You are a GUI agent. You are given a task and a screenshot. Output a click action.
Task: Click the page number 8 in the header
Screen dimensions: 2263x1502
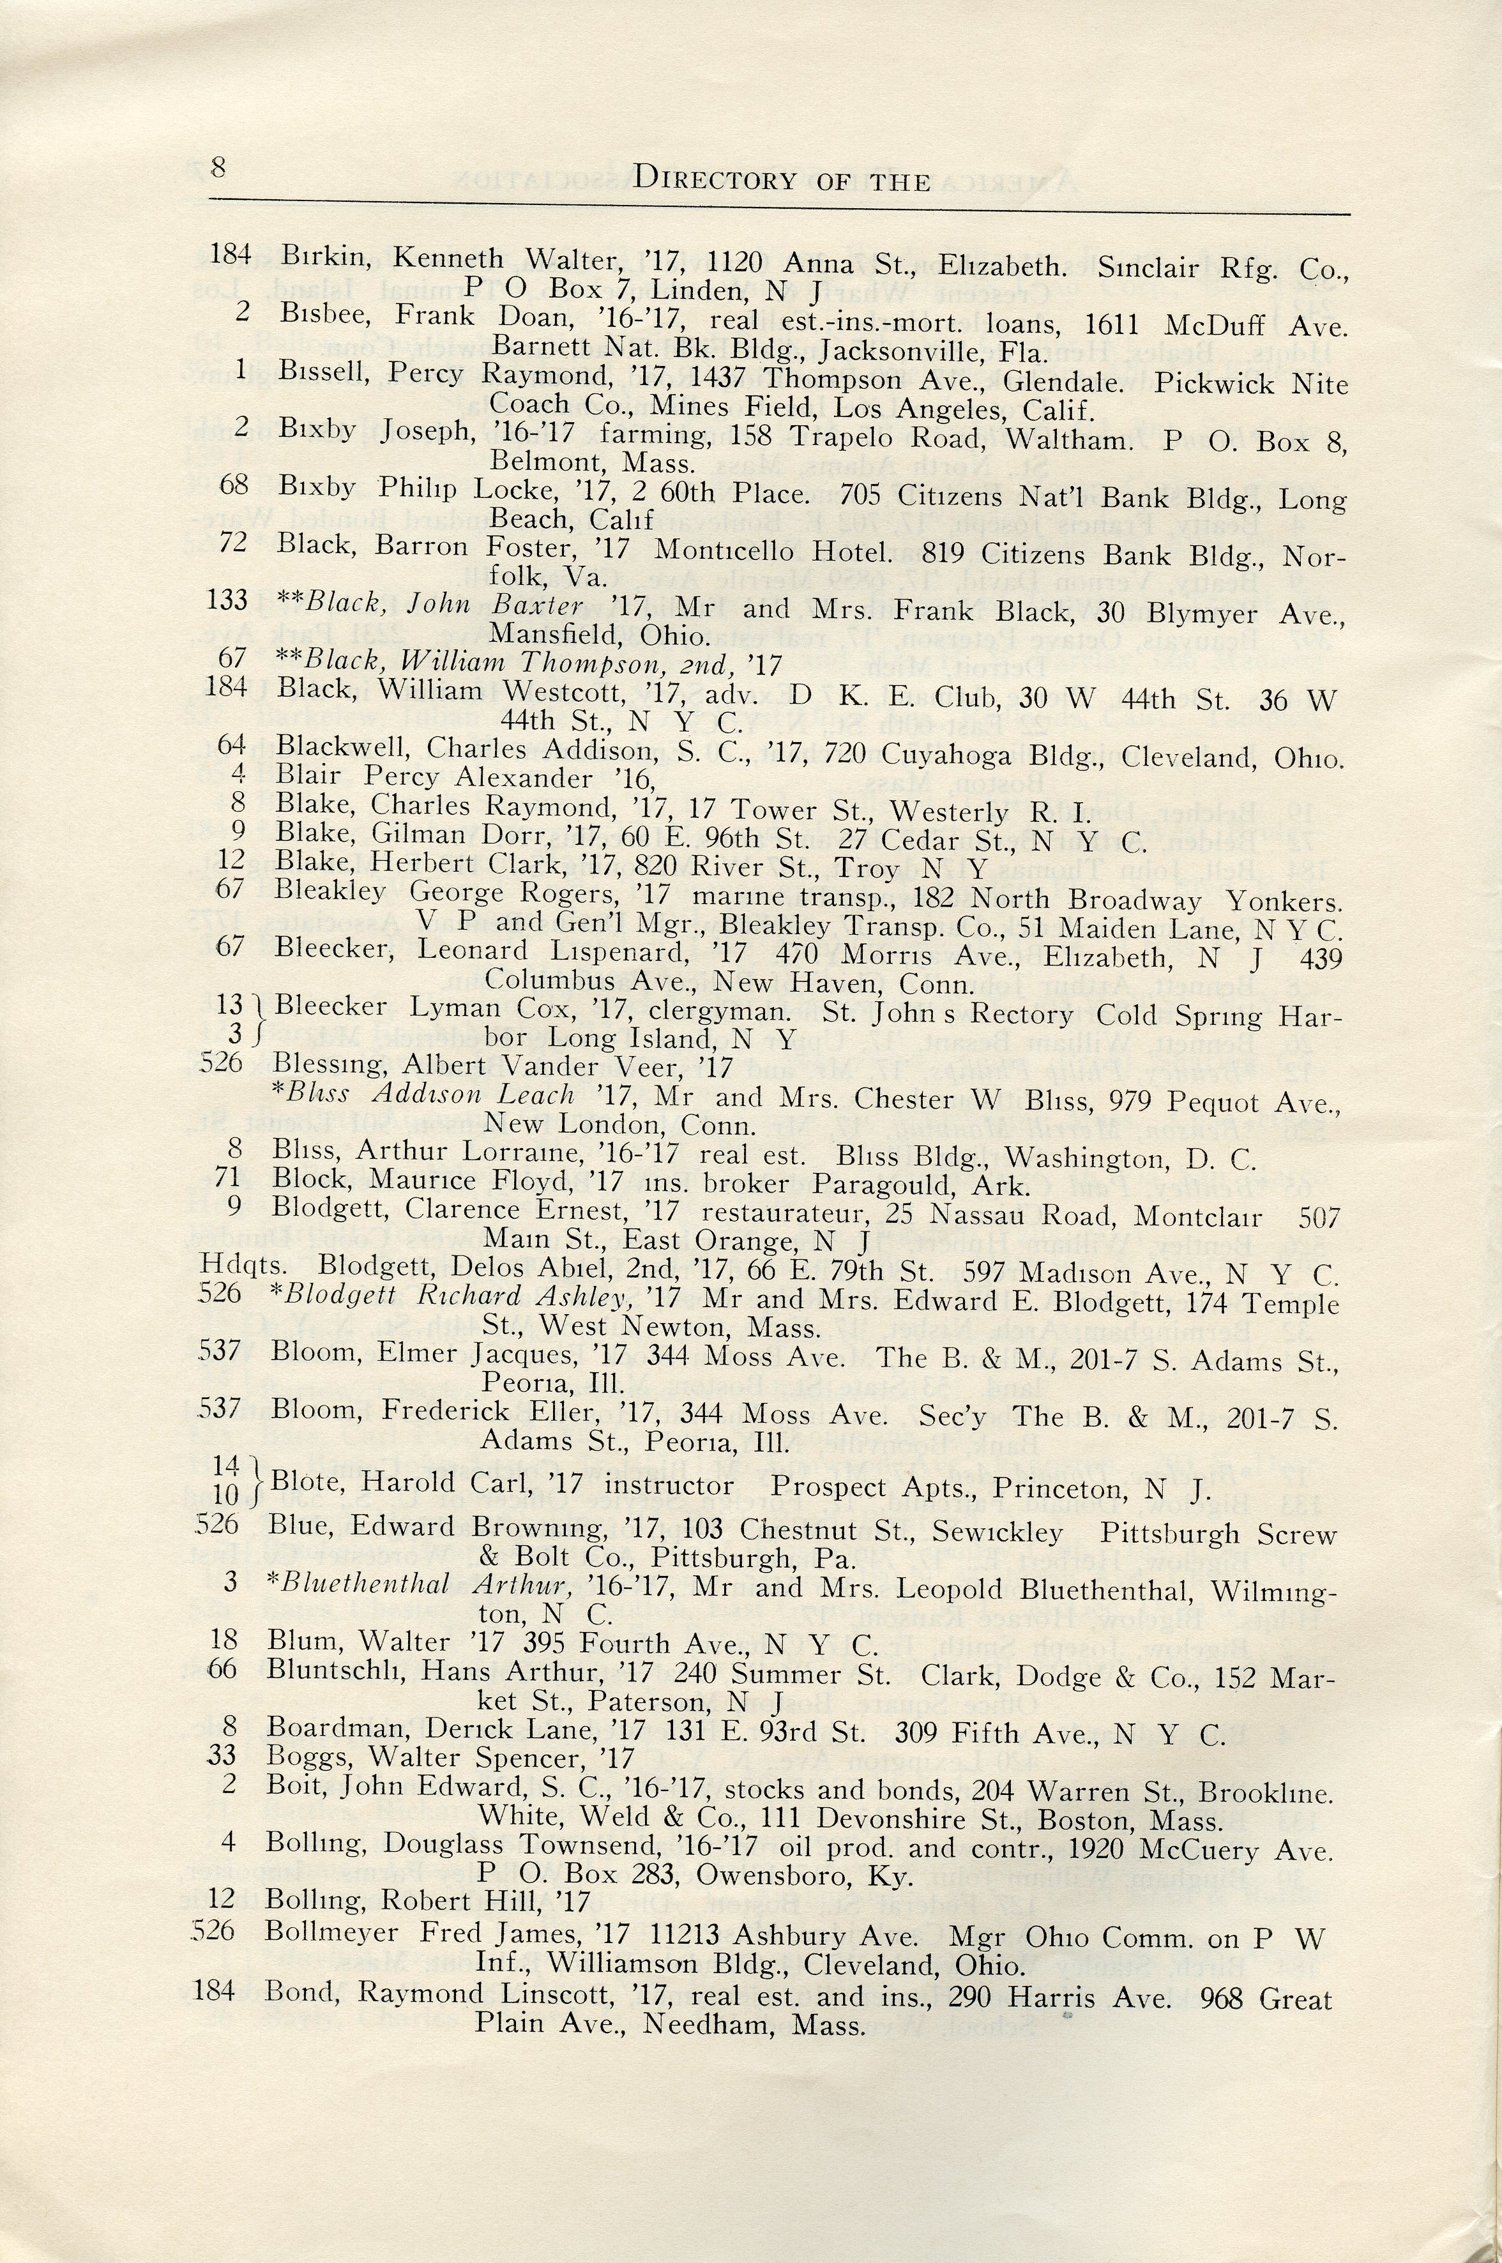pyautogui.click(x=217, y=167)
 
